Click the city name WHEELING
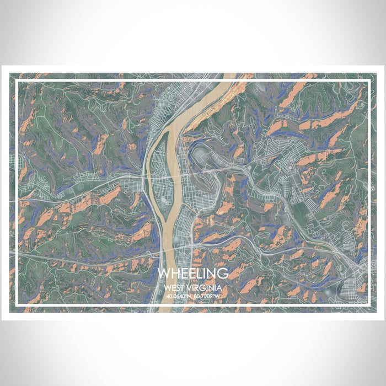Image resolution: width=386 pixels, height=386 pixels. [x=192, y=274]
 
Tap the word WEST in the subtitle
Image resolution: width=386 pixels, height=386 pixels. [x=175, y=288]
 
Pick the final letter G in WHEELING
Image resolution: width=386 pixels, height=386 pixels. [x=223, y=274]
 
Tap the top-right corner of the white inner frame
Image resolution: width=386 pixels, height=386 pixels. [x=368, y=81]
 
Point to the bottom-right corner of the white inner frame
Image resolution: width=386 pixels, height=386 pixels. [x=368, y=304]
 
